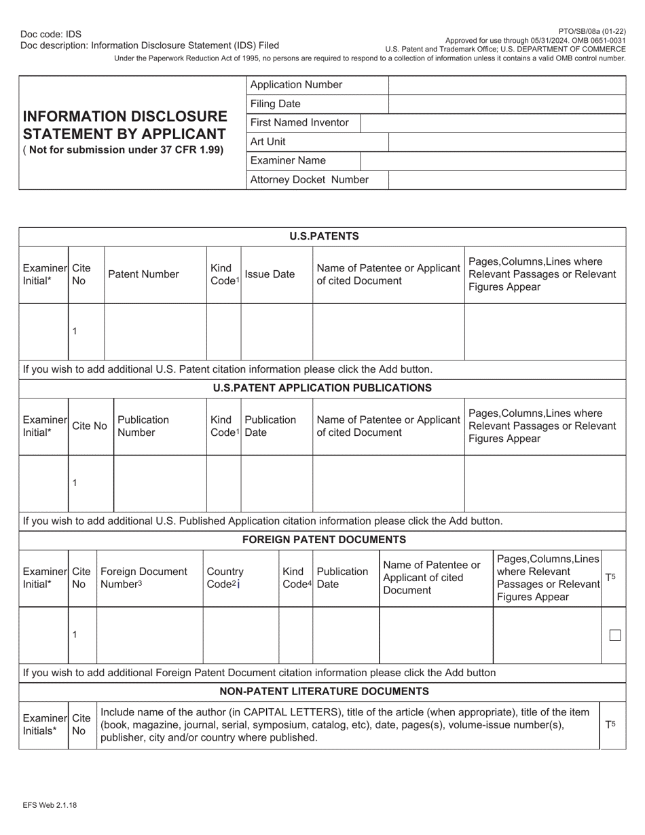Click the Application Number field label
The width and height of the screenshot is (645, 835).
[x=296, y=85]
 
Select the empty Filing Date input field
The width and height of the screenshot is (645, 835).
[x=506, y=104]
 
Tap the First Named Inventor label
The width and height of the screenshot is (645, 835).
[x=299, y=123]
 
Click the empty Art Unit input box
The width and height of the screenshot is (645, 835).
[x=506, y=142]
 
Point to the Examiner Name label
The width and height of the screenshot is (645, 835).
[x=288, y=161]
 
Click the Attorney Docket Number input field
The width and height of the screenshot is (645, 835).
[x=506, y=180]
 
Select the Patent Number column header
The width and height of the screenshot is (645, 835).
[x=143, y=274]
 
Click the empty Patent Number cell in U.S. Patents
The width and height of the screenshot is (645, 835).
[x=155, y=331]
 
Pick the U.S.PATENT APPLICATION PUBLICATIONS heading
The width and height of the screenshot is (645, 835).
[x=322, y=388]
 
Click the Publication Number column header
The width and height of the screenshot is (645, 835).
[x=143, y=426]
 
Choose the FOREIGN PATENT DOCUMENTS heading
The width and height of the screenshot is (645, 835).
[x=324, y=540]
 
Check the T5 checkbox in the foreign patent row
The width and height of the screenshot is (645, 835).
[x=615, y=635]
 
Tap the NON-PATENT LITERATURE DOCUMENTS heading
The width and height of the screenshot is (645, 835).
[x=324, y=691]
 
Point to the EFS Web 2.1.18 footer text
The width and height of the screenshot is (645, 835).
[x=49, y=805]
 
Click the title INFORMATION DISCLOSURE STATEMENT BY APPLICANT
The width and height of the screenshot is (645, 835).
[x=125, y=125]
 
